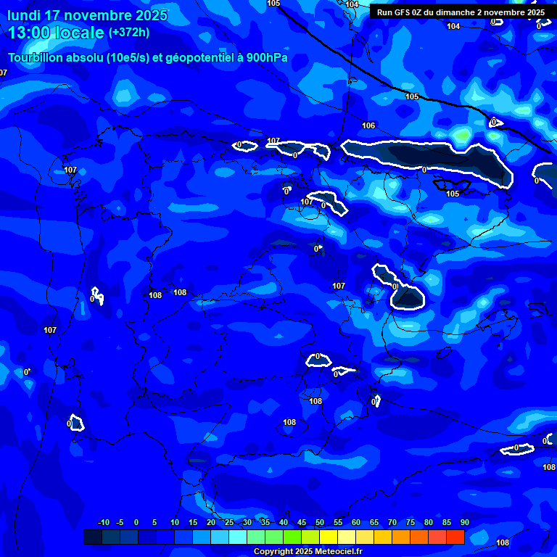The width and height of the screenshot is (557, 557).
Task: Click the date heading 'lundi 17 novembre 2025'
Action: [x=87, y=15]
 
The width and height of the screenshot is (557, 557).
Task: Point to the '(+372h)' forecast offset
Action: [x=129, y=33]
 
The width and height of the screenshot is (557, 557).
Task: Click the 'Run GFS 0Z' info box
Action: [x=461, y=12]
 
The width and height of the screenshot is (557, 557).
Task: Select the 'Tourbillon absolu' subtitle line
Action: [x=148, y=58]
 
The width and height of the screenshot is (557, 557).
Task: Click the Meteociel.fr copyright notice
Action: [x=308, y=551]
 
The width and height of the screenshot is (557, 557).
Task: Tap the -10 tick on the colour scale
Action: [x=103, y=523]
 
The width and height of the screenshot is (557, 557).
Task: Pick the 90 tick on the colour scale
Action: [x=464, y=523]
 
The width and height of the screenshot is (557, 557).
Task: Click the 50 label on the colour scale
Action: [x=320, y=523]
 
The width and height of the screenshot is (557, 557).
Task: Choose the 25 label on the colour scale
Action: [x=229, y=523]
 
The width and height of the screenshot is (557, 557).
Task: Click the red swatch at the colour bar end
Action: [x=455, y=537]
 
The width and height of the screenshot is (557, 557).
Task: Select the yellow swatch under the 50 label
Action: [x=329, y=537]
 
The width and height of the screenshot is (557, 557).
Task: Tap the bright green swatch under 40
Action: [x=292, y=537]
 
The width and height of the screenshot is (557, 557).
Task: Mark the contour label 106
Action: [x=368, y=125]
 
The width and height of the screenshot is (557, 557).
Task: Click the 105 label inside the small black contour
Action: [x=453, y=194]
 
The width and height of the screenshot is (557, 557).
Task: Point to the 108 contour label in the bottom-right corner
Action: [x=502, y=542]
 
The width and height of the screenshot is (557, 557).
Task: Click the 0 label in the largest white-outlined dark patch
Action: [x=424, y=170]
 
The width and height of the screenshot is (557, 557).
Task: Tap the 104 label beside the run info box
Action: [x=453, y=26]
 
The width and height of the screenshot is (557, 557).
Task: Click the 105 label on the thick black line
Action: [x=412, y=96]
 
